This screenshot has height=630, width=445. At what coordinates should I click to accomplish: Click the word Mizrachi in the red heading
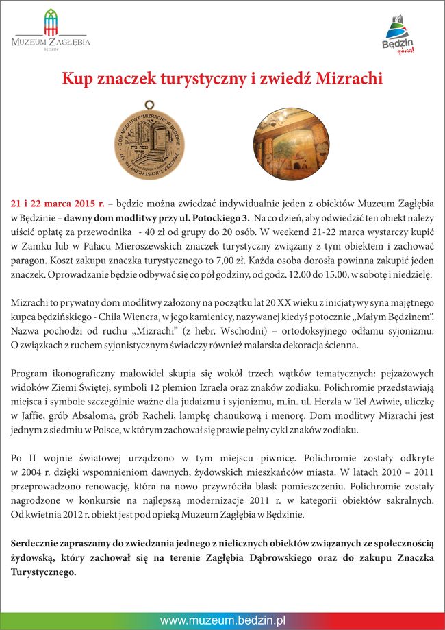345,80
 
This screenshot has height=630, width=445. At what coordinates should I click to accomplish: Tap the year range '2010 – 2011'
409,473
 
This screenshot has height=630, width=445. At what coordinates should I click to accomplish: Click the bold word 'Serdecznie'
38,544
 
